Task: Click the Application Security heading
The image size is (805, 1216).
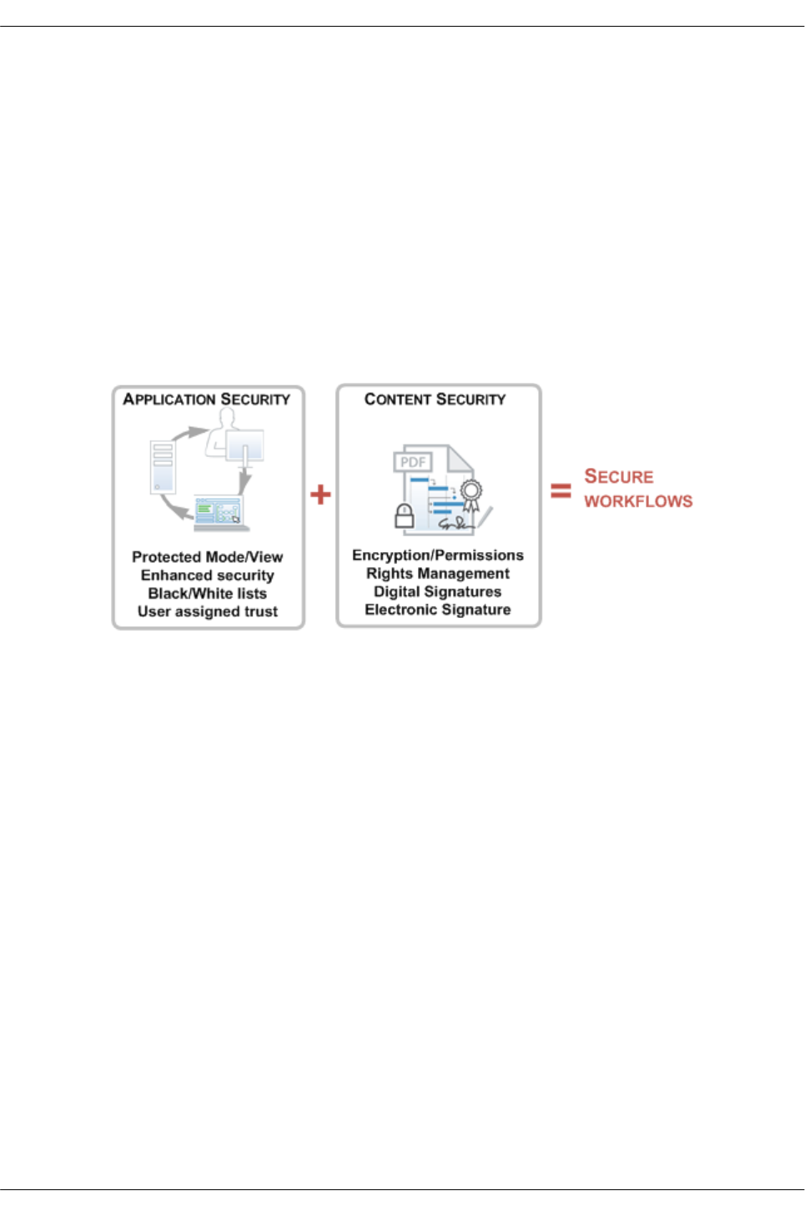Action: coord(207,399)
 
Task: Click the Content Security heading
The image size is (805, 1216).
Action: coord(435,399)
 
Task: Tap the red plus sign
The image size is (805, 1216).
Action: coord(320,495)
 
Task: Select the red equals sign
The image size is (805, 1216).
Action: coord(561,491)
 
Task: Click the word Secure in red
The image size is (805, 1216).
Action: coord(619,476)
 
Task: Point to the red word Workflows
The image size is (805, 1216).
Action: coord(638,501)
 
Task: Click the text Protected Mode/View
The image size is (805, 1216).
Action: coord(207,557)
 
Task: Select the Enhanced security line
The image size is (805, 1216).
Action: coord(207,575)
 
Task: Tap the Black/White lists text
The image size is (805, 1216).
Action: coord(207,594)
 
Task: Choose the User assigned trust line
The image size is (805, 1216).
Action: coord(207,611)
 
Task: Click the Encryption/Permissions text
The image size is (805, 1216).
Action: coord(438,555)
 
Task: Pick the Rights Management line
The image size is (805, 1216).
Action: coord(438,574)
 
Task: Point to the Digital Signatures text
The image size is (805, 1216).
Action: coord(438,592)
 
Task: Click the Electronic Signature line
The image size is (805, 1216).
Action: coord(438,610)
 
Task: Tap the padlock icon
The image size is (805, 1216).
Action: coord(405,516)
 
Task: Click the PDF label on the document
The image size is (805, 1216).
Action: coord(413,462)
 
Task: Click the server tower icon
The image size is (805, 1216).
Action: coord(163,466)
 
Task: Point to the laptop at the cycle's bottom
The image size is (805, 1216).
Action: coord(219,513)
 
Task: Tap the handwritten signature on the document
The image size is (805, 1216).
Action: coord(456,524)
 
